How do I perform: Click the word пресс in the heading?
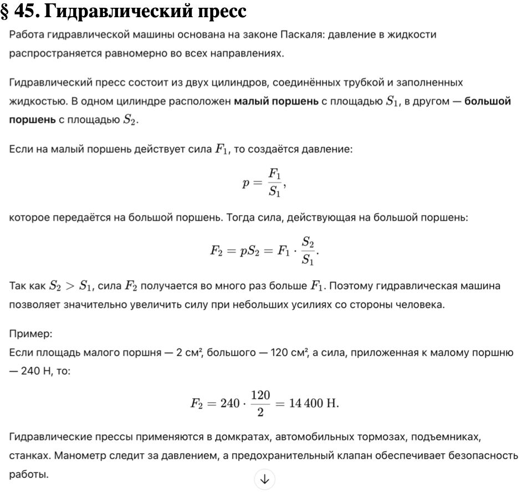pyautogui.click(x=213, y=11)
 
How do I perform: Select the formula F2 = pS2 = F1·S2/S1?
pyautogui.click(x=264, y=251)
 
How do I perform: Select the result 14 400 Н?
pyautogui.click(x=312, y=403)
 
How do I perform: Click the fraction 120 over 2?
pyautogui.click(x=260, y=403)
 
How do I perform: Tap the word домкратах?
pyautogui.click(x=236, y=438)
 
